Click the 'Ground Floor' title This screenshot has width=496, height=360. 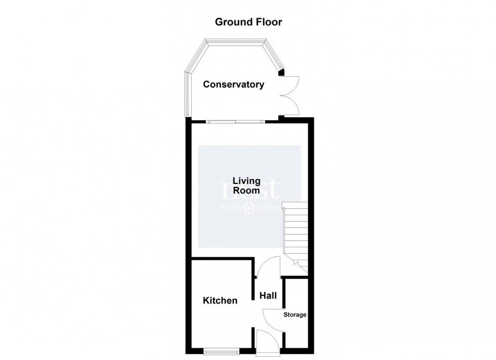(x=248, y=22)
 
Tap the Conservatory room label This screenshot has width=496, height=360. (x=233, y=84)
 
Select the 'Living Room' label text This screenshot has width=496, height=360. (x=246, y=186)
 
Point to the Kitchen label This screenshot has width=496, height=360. (x=220, y=301)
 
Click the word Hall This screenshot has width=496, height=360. (x=268, y=295)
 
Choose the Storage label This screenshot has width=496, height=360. (x=295, y=315)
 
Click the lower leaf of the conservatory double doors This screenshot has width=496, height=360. (x=292, y=105)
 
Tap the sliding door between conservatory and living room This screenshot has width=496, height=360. (x=235, y=121)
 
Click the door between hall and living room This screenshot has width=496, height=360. (x=268, y=266)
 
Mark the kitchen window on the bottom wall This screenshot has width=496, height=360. (x=221, y=350)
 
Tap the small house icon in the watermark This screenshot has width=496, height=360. (x=249, y=207)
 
